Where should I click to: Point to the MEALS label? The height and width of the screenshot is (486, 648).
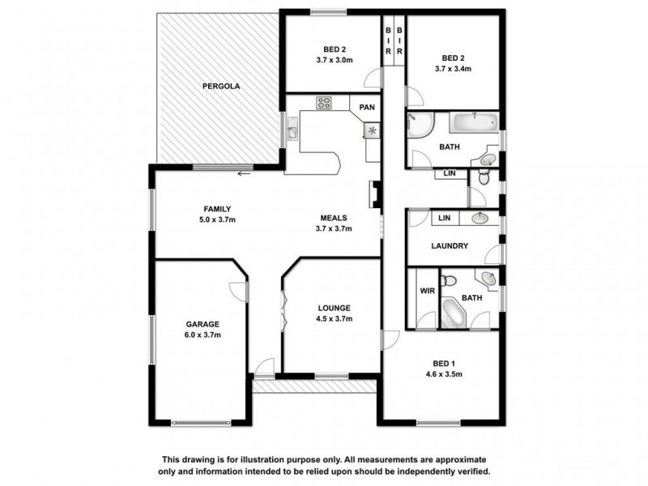click(x=334, y=218)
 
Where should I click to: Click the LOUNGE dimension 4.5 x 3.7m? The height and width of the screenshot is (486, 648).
click(x=334, y=318)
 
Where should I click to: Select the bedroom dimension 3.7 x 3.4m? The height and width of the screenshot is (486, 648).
click(x=454, y=69)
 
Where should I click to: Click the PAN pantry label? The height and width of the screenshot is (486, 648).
click(x=366, y=105)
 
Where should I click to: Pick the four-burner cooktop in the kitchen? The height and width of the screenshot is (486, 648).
click(x=323, y=103)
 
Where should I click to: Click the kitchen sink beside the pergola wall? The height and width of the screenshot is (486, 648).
click(x=292, y=128)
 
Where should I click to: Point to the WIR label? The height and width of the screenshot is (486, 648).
click(x=427, y=291)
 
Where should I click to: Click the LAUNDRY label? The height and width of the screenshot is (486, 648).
click(x=450, y=246)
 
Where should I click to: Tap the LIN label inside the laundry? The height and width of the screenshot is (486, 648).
click(x=444, y=218)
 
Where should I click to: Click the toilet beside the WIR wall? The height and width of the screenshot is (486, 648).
click(x=452, y=281)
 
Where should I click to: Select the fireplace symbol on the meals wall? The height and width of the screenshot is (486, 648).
click(x=374, y=194)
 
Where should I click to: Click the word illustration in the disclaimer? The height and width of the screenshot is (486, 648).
click(x=279, y=458)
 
